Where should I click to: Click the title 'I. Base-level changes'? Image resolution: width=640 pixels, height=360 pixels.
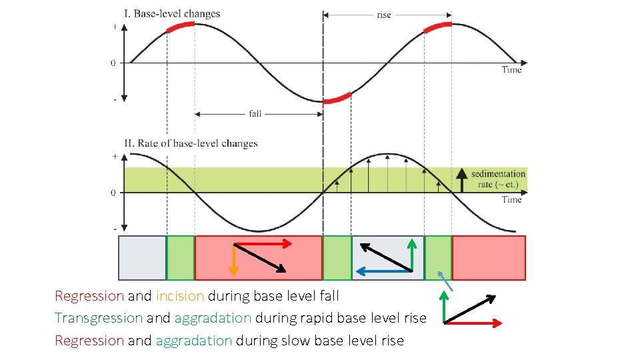click(172, 13)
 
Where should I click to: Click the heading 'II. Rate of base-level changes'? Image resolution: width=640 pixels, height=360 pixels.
click(191, 143)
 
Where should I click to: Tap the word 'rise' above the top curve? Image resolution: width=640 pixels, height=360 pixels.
click(384, 15)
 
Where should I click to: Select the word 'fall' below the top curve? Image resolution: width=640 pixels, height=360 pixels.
click(255, 113)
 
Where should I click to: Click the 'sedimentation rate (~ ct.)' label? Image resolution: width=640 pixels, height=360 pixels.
click(498, 179)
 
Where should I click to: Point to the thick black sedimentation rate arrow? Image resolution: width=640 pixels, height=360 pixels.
click(460, 180)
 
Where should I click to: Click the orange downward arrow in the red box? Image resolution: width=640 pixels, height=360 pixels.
click(233, 259)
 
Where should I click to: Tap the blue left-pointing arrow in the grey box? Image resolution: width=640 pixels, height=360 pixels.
click(384, 271)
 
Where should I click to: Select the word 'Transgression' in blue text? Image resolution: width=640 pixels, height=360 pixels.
click(99, 318)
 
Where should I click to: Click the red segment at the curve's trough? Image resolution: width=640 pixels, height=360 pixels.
click(337, 99)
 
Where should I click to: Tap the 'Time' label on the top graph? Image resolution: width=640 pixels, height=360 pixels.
click(511, 69)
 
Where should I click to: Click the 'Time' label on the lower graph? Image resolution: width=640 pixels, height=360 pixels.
click(511, 199)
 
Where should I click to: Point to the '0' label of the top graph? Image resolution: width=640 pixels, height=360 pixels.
click(113, 63)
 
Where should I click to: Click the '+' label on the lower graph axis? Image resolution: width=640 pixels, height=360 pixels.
click(114, 157)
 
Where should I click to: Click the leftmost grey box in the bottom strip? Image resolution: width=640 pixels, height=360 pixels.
click(142, 257)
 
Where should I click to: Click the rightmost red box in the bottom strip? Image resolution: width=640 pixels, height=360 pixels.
click(489, 257)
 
